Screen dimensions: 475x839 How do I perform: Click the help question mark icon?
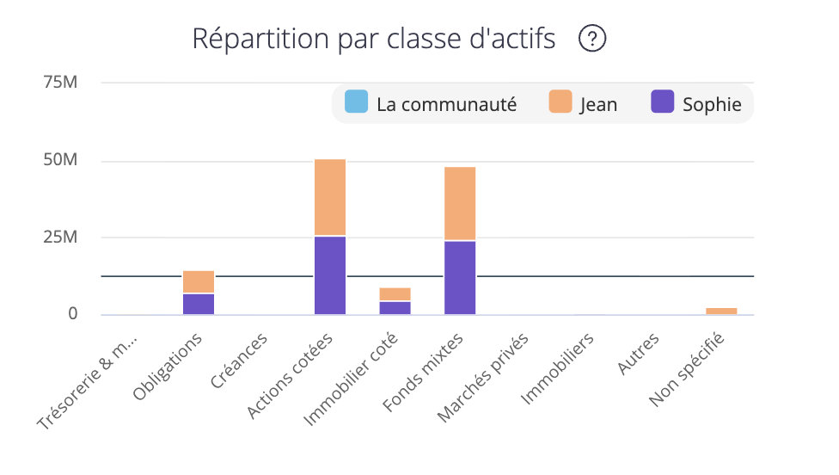pos(592,39)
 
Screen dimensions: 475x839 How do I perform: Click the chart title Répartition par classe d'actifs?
pos(374,39)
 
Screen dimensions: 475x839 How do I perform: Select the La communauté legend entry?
pos(431,104)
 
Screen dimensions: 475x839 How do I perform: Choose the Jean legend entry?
pos(583,104)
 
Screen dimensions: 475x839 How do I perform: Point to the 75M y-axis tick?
pos(60,83)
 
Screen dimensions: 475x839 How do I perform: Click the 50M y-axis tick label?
pos(60,161)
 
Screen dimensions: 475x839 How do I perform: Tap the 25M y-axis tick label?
pos(60,237)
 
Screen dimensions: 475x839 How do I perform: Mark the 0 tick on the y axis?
pos(73,314)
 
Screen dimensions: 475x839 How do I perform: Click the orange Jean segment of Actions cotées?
pos(330,197)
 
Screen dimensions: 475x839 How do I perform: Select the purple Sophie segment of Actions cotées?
pos(330,275)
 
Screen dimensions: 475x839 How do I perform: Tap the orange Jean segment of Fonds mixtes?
pos(460,203)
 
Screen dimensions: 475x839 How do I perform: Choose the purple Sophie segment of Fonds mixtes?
pos(460,278)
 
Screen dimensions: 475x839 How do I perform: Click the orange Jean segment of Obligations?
pos(199,281)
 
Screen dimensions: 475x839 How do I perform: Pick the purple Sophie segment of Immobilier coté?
pos(395,307)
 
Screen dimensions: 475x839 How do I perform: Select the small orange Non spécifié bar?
pos(721,311)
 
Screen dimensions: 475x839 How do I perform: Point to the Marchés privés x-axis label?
pos(481,376)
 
